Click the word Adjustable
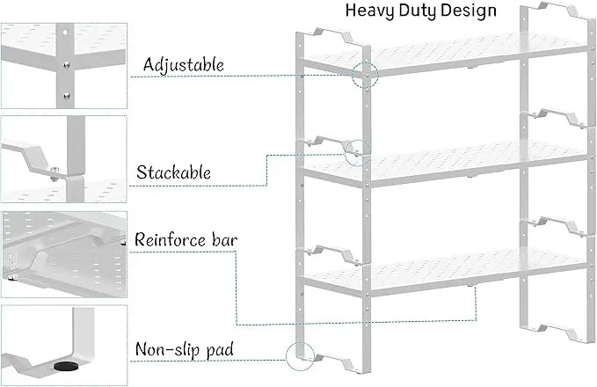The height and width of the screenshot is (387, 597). tap(184, 65)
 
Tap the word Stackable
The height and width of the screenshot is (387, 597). tap(173, 172)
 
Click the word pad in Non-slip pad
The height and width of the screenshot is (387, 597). tap(220, 350)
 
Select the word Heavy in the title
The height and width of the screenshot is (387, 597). tap(369, 11)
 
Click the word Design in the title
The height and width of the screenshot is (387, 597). tap(469, 11)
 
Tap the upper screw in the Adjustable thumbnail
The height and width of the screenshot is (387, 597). tap(67, 65)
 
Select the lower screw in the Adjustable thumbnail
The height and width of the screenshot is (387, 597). tap(67, 95)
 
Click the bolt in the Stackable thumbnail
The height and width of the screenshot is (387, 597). tap(54, 172)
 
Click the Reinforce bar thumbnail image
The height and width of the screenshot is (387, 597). tap(64, 254)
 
